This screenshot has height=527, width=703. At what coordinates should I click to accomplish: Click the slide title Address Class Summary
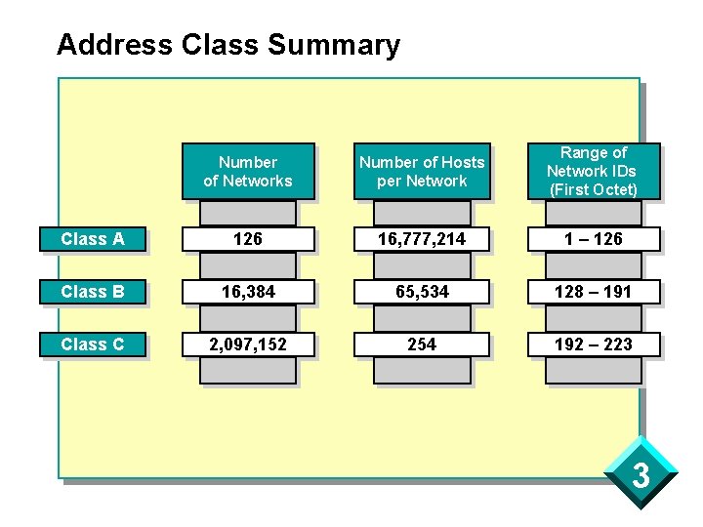[x=227, y=45]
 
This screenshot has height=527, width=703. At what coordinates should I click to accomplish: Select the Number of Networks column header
[x=248, y=172]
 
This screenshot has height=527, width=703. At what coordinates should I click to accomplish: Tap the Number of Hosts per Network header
[x=422, y=172]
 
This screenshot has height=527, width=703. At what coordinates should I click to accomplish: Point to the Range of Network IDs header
[x=593, y=172]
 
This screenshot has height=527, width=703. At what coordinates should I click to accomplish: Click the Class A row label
[x=94, y=239]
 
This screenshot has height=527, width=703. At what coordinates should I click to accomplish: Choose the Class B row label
[x=94, y=292]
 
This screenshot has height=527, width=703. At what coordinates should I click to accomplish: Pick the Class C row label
[x=94, y=345]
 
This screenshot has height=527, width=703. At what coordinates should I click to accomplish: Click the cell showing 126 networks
[x=248, y=239]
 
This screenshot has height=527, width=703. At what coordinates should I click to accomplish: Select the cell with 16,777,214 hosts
[x=422, y=239]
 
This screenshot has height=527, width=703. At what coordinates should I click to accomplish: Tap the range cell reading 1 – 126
[x=593, y=239]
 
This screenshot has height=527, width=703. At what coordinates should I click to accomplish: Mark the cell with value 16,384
[x=248, y=292]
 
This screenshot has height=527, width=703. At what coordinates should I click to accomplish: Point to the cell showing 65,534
[x=422, y=292]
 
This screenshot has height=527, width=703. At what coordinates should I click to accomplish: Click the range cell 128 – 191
[x=593, y=292]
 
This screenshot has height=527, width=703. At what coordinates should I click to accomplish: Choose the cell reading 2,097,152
[x=248, y=345]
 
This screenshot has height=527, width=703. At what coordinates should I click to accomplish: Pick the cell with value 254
[x=422, y=345]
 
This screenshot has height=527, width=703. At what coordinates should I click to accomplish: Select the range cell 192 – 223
[x=593, y=345]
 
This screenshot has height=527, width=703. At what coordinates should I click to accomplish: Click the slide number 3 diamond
[x=641, y=475]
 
